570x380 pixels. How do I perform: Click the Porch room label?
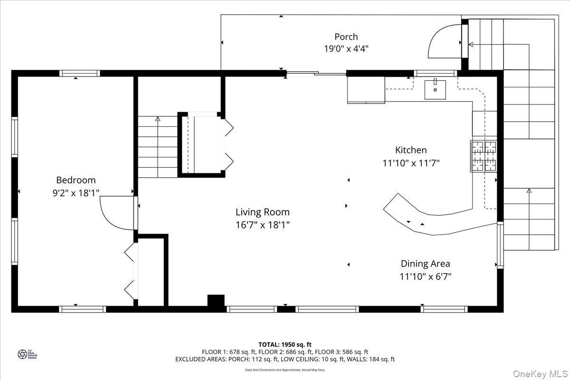pos(346,37)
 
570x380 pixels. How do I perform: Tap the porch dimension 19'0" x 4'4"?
pos(346,48)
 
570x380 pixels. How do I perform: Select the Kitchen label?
pos(411,150)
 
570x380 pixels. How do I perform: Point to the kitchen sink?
pos(435,89)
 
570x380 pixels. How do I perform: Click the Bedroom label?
pos(76,180)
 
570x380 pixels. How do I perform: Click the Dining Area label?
pos(425,264)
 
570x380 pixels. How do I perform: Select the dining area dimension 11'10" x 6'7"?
pos(425,276)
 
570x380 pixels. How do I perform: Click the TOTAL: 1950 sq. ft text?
pos(285,344)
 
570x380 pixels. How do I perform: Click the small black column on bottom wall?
pos(216,302)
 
